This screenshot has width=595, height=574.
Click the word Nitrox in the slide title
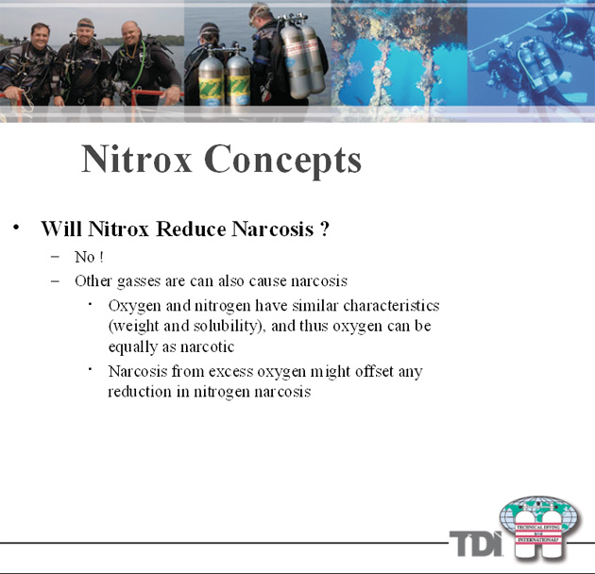click(137, 160)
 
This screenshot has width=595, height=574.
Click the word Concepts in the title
click(282, 161)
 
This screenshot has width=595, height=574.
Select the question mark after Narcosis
click(324, 228)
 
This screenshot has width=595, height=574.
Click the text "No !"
click(89, 257)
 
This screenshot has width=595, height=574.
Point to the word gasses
click(139, 282)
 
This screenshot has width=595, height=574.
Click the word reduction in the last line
click(140, 391)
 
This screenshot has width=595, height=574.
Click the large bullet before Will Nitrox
click(16, 228)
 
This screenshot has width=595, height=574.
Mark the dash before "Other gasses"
click(55, 281)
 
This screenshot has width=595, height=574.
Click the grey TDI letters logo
click(476, 543)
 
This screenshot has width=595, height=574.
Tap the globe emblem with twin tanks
click(540, 528)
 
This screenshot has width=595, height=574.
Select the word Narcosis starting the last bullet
click(138, 371)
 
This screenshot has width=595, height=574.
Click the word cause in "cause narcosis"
click(268, 281)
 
